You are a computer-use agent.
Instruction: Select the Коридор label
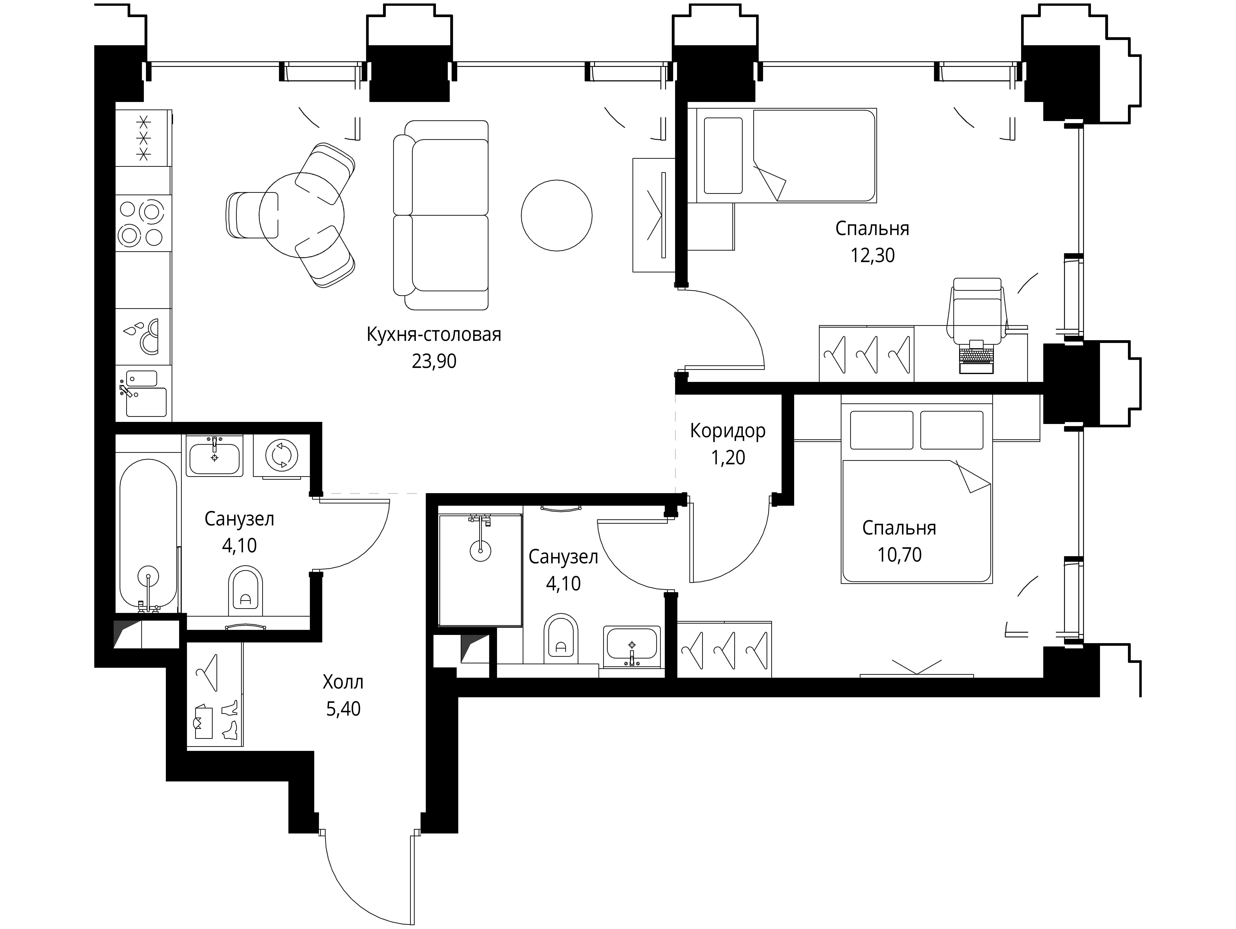point(727,431)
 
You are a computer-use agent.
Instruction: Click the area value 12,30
point(872,255)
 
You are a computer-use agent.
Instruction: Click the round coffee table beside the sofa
point(557,215)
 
